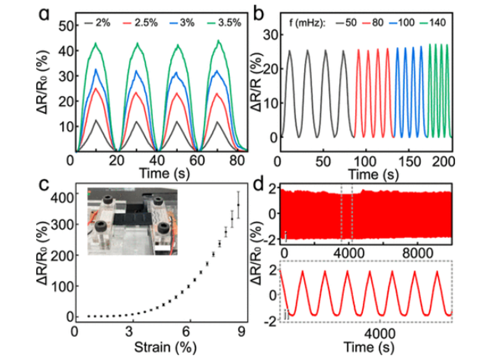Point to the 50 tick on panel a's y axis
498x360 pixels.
pos(62,26)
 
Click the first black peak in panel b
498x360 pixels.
pos(289,51)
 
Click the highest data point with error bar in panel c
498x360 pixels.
pos(239,205)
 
